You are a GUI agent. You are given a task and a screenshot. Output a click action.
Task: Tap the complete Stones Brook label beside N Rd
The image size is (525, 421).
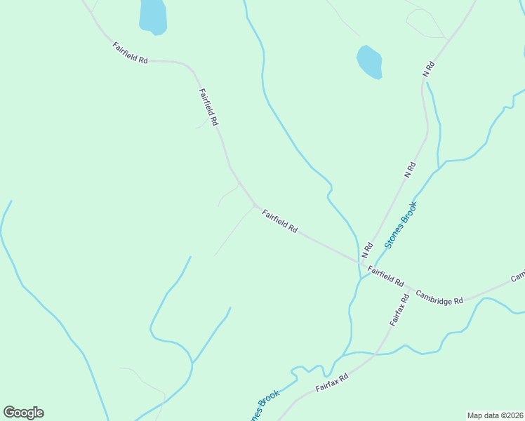click(401, 225)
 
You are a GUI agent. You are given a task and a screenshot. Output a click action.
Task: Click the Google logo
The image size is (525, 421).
click(23, 413)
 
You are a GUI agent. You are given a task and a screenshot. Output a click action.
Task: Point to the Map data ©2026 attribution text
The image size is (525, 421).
click(494, 415)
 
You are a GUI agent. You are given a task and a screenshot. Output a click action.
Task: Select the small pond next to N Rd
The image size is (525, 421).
click(370, 62)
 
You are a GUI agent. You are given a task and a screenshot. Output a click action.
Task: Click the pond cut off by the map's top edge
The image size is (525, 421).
click(153, 15)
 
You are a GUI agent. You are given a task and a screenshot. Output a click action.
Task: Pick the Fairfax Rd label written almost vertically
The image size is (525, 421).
click(399, 309)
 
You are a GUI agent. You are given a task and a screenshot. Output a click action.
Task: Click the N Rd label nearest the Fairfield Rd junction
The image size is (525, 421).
click(366, 249)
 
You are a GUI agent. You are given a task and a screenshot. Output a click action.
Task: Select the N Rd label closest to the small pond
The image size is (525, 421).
click(429, 69)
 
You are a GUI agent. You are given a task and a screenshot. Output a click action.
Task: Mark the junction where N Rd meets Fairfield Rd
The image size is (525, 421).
click(358, 261)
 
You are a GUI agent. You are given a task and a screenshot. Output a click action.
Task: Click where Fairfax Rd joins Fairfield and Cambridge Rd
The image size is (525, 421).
click(410, 288)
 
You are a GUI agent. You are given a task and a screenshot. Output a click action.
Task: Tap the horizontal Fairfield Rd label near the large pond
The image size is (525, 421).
click(130, 53)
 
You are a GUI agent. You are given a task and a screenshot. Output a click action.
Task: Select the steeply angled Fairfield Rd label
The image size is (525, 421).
click(208, 107)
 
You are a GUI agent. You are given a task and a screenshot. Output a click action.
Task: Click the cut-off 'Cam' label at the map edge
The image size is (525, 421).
click(518, 276)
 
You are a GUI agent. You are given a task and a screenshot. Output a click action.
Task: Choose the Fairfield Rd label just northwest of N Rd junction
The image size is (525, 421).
click(281, 221)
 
